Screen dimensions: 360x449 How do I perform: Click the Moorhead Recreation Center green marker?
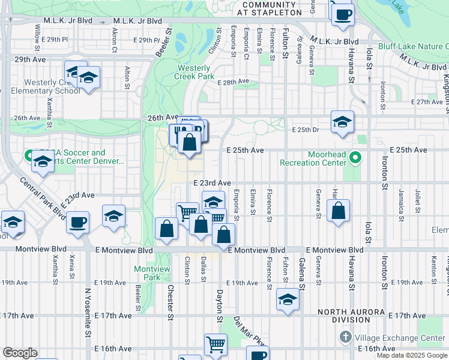coord(355,158)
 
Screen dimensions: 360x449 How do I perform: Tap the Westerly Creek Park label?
coord(194,72)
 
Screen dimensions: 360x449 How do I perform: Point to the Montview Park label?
coord(146,273)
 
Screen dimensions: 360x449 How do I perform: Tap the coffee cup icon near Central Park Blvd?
coord(78,223)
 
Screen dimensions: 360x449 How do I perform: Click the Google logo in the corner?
coord(20,353)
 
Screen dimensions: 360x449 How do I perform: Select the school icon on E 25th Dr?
coord(342,122)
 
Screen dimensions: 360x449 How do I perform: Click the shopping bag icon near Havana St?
coord(339,211)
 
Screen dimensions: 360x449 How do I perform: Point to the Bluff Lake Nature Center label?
coord(413,46)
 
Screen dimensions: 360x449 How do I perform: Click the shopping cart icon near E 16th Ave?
coord(215,344)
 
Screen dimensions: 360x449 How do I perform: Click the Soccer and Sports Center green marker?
coord(29,155)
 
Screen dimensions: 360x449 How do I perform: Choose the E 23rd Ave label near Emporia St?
coord(212,183)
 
